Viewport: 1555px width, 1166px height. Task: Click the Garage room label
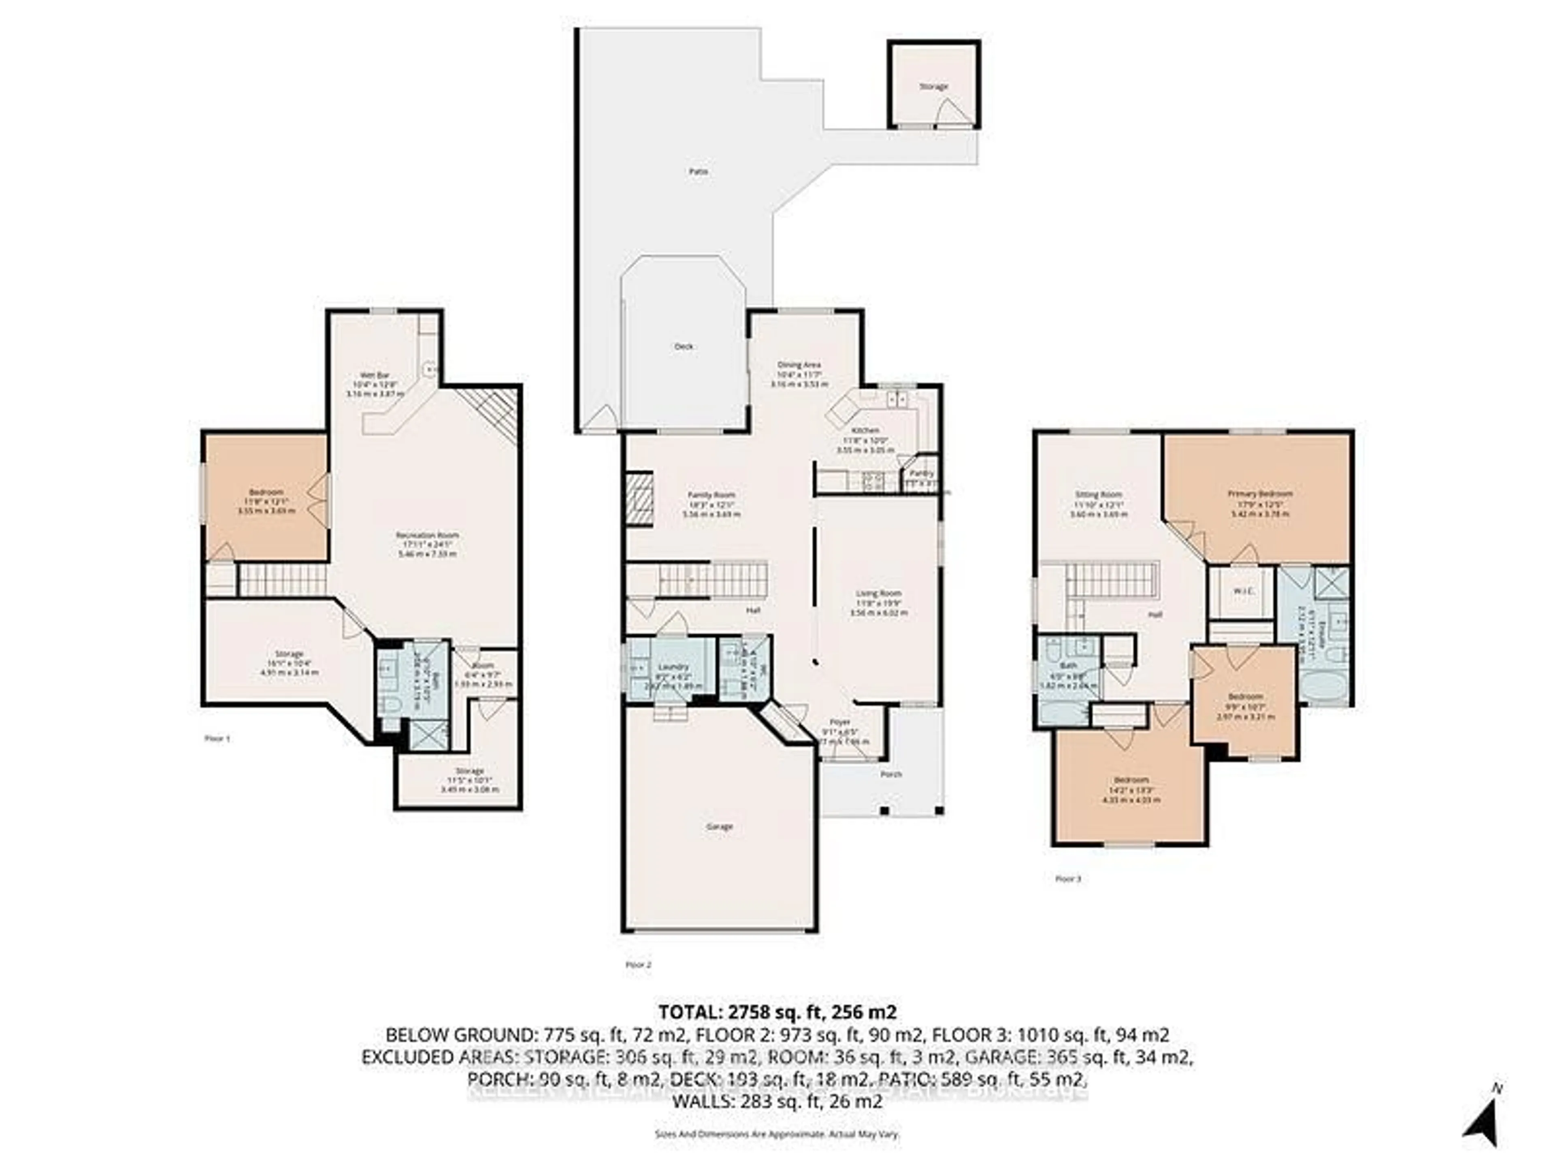click(x=719, y=827)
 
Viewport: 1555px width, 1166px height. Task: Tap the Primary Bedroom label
click(x=1260, y=494)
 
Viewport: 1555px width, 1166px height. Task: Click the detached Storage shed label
click(x=933, y=87)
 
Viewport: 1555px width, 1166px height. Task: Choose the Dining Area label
click(x=799, y=365)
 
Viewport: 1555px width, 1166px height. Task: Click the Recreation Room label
click(x=427, y=535)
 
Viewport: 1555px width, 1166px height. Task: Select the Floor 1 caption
click(x=217, y=739)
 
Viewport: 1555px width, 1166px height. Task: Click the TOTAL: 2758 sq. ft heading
click(x=777, y=1012)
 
